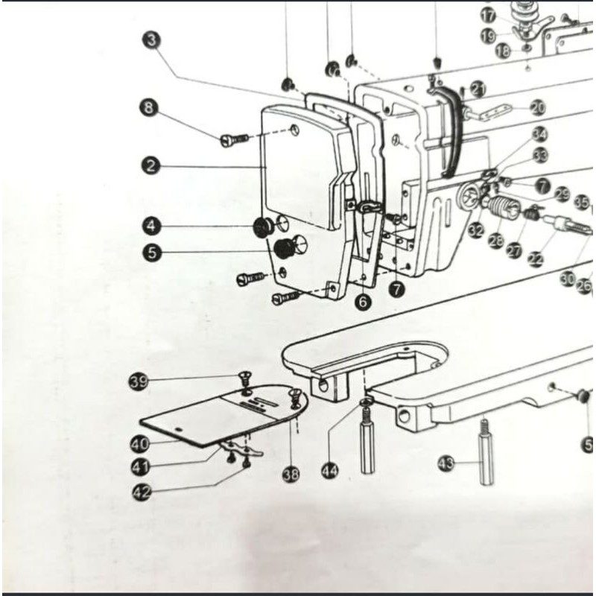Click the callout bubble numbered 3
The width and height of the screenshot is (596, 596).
click(x=152, y=39)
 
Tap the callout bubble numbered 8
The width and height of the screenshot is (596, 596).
click(x=149, y=108)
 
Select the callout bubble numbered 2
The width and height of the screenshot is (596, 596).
click(x=151, y=165)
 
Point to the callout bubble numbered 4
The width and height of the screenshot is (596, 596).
click(x=152, y=224)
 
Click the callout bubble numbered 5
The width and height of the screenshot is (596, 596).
click(x=152, y=253)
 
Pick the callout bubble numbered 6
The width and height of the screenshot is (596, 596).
click(x=363, y=301)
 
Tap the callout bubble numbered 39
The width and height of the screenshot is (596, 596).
click(x=138, y=382)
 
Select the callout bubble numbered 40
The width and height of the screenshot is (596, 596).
click(x=139, y=444)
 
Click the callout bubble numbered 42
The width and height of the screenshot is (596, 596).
click(x=141, y=491)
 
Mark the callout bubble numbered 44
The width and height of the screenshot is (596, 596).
click(x=331, y=470)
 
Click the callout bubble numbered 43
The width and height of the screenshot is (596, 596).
click(x=446, y=464)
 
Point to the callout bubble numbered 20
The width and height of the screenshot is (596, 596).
click(x=537, y=108)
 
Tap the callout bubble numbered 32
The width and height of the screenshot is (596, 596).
click(x=476, y=231)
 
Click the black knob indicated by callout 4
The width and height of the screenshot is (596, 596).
click(x=262, y=226)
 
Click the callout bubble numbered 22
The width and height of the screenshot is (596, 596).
click(x=536, y=259)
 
